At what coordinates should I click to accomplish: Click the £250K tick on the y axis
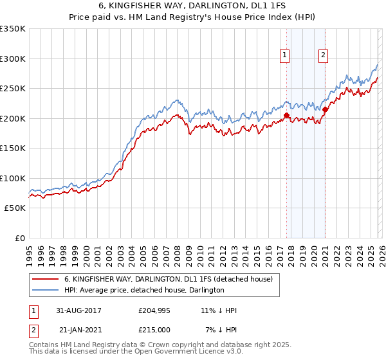tap(12, 89)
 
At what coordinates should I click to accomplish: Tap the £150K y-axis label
tap(12, 148)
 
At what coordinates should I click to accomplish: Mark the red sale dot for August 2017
tap(287, 116)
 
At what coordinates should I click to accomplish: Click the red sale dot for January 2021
tap(326, 110)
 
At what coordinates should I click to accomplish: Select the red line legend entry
tap(169, 279)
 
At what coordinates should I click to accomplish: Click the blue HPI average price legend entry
tap(144, 290)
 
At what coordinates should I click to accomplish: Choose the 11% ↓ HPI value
tap(219, 310)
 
